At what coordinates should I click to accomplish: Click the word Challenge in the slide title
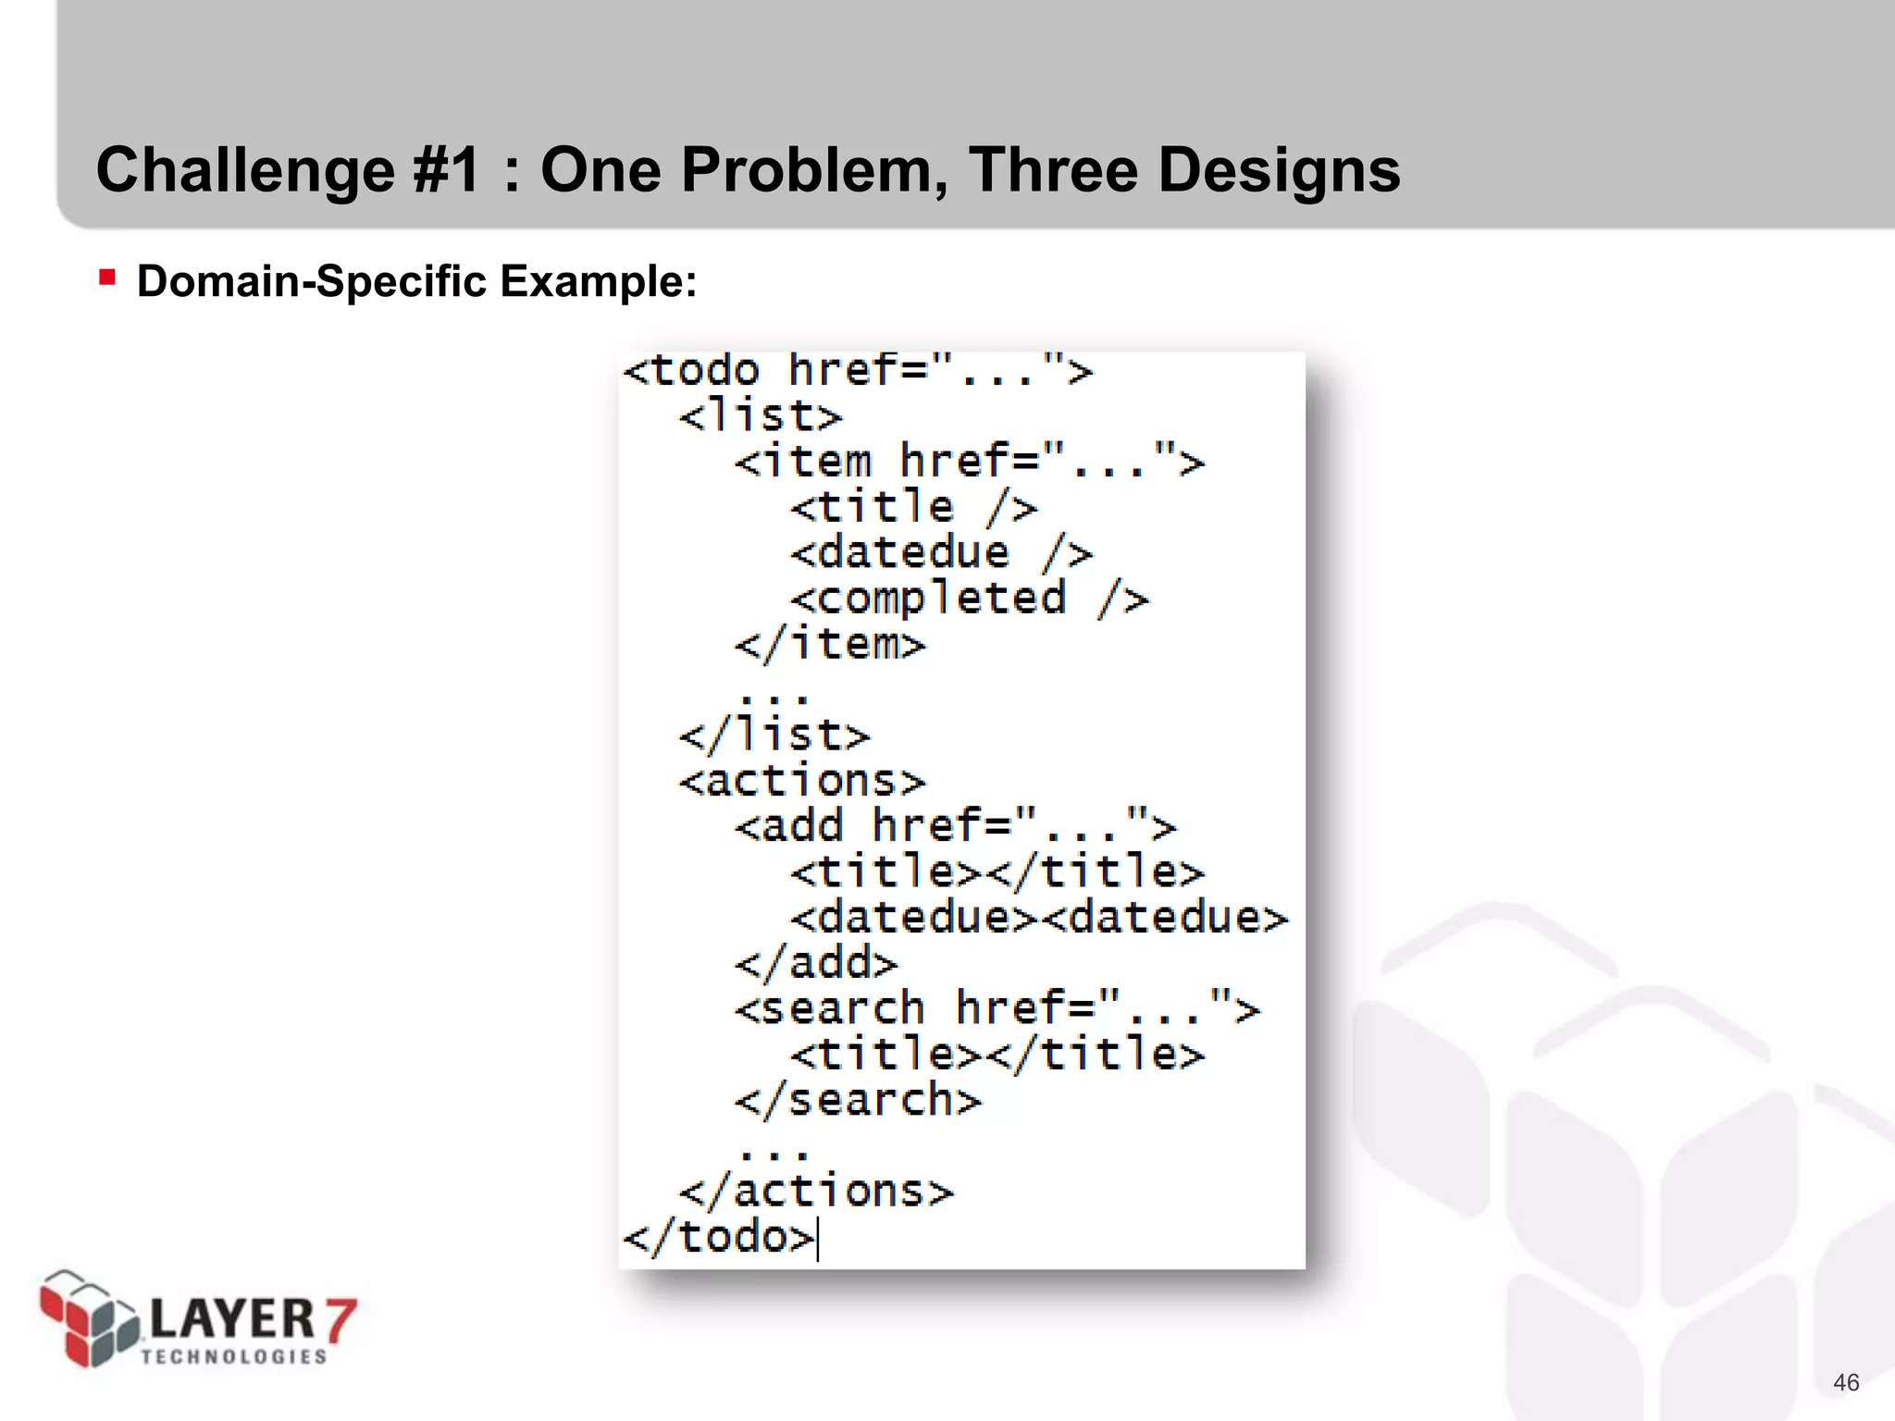[x=246, y=171]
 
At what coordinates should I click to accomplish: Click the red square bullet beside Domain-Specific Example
[x=107, y=278]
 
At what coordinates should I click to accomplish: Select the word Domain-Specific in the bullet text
[x=311, y=281]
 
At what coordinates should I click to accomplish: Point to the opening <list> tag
[x=761, y=416]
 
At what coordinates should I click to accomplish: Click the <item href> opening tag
[x=969, y=462]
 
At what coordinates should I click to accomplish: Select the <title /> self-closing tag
[x=913, y=507]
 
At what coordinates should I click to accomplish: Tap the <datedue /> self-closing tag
[x=941, y=553]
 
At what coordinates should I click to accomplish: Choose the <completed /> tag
[x=969, y=599]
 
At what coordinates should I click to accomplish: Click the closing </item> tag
[x=830, y=644]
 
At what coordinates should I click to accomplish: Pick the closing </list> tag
[x=774, y=735]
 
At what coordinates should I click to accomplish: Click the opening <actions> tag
[x=802, y=781]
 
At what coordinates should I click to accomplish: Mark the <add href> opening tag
[x=955, y=826]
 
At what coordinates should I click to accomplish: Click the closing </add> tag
[x=816, y=963]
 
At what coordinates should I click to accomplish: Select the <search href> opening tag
[x=997, y=1008]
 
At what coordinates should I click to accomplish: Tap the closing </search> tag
[x=858, y=1100]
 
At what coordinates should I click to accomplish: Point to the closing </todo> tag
[x=719, y=1237]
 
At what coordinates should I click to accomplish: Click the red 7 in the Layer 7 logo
[x=340, y=1319]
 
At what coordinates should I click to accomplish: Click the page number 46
[x=1845, y=1382]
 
